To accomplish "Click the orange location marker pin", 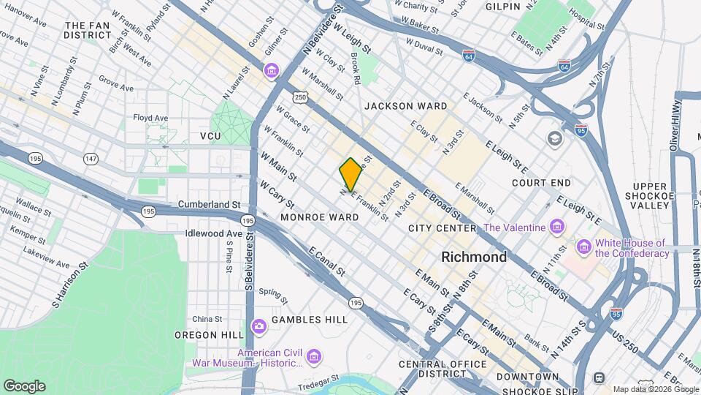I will [x=350, y=174].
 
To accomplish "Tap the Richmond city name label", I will [x=474, y=257].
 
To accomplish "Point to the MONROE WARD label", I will [x=319, y=217].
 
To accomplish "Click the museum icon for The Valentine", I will [x=557, y=227].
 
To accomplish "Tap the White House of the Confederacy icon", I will [x=584, y=247].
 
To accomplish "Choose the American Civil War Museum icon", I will [x=314, y=357].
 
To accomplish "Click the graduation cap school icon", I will [x=555, y=138].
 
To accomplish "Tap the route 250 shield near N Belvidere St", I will [x=299, y=97].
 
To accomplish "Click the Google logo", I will [x=24, y=386].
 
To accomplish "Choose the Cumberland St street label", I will [x=210, y=205].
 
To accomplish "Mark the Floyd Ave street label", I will [x=150, y=117].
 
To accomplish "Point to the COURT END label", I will [x=541, y=183].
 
